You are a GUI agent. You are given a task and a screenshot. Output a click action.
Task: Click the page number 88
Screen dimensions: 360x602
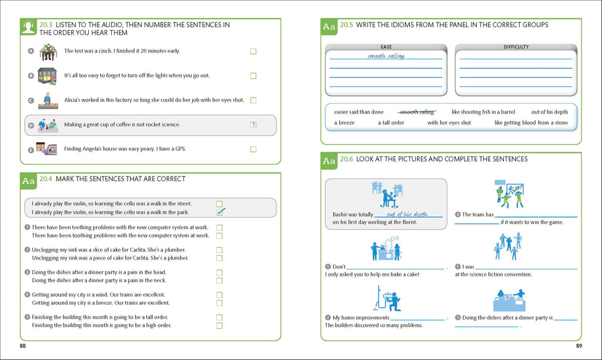(x=22, y=346)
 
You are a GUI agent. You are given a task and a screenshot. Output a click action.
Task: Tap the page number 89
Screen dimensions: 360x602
(x=578, y=346)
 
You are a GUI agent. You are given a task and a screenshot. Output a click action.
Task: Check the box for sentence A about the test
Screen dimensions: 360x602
(x=253, y=51)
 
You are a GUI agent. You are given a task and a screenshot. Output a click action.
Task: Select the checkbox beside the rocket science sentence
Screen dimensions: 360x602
(x=253, y=125)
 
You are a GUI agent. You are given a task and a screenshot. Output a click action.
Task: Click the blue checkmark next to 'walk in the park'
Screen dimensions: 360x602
(x=220, y=212)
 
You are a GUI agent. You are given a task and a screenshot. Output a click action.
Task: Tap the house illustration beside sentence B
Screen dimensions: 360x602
(x=46, y=75)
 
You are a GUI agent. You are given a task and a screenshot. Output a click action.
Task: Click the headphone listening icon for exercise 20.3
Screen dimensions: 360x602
(x=28, y=28)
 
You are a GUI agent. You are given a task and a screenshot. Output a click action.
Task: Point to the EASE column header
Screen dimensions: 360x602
(x=386, y=47)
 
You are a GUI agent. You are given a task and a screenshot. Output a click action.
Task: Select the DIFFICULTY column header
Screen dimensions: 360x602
(x=516, y=47)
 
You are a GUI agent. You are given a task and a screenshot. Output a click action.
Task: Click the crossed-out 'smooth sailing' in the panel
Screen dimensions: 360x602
(x=417, y=112)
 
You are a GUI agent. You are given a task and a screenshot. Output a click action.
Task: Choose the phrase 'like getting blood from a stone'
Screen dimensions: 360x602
(x=531, y=123)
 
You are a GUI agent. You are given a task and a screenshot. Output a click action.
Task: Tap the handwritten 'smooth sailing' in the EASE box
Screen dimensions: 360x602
(x=386, y=56)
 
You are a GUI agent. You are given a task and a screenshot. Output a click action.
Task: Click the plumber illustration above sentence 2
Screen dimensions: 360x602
(x=387, y=298)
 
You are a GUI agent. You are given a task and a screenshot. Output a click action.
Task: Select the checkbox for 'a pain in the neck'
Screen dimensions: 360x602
(x=219, y=281)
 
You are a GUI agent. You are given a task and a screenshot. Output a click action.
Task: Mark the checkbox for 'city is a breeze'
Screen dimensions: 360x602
(x=219, y=303)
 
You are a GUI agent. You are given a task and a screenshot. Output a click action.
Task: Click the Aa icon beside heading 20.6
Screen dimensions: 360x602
(x=329, y=161)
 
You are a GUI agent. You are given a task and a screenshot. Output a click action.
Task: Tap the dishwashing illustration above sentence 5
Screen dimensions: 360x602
(x=509, y=299)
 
